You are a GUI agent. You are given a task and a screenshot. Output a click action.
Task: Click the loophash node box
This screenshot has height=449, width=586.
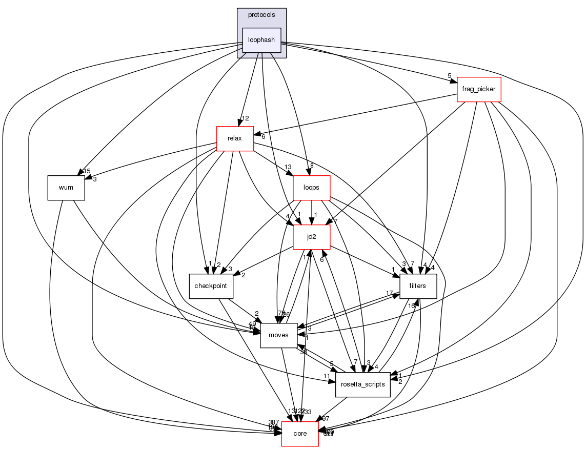tap(261, 40)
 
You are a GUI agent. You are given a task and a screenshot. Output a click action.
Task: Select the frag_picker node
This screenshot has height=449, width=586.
tap(478, 89)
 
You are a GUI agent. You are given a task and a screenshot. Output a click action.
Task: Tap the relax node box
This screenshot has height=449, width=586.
tap(235, 138)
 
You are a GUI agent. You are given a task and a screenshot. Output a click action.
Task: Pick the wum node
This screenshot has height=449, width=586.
tap(66, 188)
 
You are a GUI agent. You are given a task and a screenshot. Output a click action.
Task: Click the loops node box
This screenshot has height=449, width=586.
tap(311, 188)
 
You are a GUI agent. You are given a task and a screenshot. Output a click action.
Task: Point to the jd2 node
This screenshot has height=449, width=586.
tap(311, 237)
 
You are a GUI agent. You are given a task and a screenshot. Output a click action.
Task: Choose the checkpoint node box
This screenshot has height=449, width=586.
tap(211, 286)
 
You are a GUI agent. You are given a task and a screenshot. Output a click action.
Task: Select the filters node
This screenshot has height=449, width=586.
tap(418, 286)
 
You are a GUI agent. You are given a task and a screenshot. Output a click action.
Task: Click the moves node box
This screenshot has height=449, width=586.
tap(279, 335)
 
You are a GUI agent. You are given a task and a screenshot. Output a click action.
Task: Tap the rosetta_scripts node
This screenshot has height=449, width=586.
tap(363, 384)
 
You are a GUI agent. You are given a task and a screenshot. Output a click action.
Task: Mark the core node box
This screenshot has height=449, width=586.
tap(300, 434)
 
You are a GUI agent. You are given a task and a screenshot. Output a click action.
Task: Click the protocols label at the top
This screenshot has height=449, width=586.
tap(261, 15)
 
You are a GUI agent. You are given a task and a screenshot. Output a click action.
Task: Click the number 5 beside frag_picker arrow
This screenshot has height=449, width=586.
tap(449, 76)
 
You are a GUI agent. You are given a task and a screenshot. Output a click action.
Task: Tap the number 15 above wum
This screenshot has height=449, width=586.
tap(87, 171)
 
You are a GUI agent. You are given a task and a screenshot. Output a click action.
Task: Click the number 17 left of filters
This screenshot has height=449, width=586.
tap(390, 293)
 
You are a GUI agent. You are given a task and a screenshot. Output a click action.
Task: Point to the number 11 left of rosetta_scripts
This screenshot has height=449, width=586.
tap(327, 377)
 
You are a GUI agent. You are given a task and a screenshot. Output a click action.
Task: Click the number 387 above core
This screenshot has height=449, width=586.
tap(274, 422)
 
